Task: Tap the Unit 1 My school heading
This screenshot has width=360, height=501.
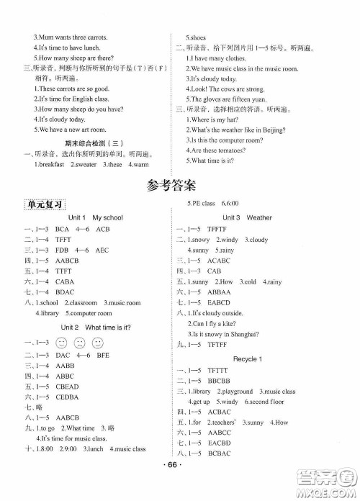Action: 95,217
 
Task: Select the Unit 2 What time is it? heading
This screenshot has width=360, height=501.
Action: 95,327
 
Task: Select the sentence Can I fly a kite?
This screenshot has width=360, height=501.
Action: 217,324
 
